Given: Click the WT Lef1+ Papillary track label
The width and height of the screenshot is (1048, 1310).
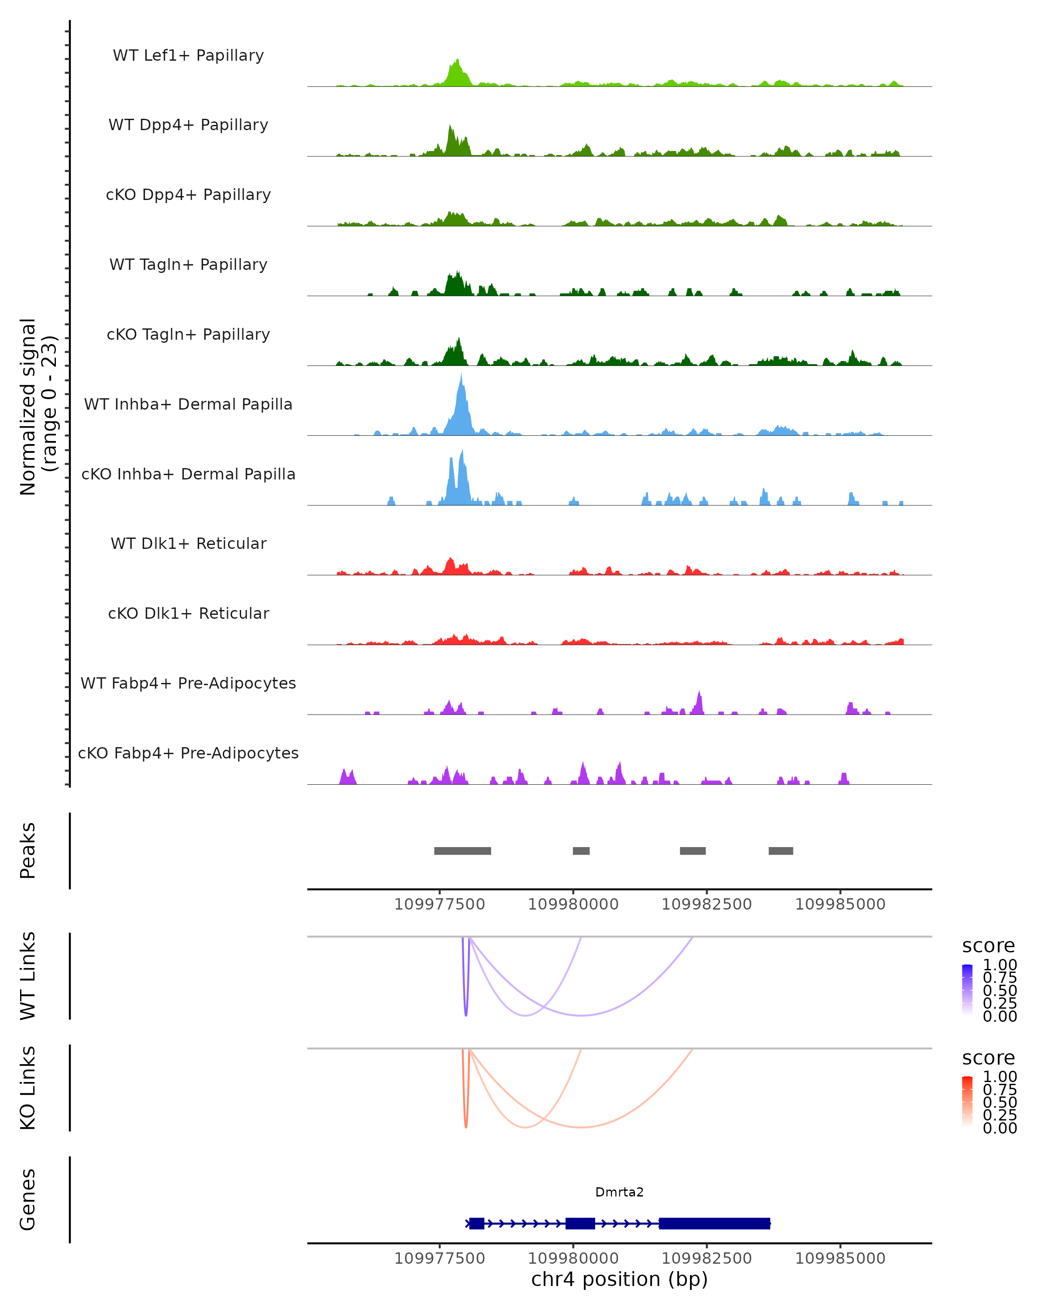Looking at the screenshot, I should click(188, 55).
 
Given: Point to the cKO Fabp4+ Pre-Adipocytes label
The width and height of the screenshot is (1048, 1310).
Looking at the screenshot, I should click(188, 753).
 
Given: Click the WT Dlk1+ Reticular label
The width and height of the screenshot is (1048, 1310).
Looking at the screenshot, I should click(188, 543).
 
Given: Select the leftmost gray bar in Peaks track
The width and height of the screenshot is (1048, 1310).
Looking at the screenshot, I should click(462, 851).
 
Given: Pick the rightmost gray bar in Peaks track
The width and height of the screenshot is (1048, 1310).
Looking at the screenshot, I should click(781, 851).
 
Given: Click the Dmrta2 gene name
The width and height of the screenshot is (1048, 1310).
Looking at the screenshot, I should click(619, 1192).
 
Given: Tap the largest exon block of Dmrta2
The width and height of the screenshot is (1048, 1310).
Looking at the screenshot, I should click(714, 1223).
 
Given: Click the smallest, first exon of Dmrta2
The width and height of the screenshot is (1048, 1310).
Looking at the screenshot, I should click(476, 1223).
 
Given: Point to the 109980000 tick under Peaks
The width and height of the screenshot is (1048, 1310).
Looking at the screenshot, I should click(573, 904).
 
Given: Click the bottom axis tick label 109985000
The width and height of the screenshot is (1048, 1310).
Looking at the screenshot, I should click(840, 1258).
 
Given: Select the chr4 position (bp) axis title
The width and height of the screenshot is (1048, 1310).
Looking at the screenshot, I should click(619, 1279).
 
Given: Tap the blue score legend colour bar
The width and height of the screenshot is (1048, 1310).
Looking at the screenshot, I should click(967, 989).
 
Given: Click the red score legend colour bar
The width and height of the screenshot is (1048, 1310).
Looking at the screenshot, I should click(967, 1101).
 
